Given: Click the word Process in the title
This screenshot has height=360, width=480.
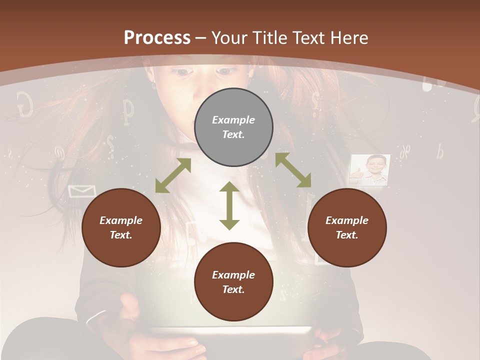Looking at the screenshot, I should (x=157, y=37).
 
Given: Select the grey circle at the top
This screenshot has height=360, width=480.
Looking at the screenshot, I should (x=233, y=127).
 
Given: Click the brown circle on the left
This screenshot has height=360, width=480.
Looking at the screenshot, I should (x=121, y=227).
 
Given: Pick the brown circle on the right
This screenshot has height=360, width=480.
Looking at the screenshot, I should (x=347, y=227).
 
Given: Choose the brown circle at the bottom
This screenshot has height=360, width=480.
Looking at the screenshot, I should (x=233, y=281).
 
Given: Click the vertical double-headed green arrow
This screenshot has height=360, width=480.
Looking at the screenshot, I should (x=229, y=205).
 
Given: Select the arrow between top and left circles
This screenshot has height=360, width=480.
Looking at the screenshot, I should (x=173, y=175).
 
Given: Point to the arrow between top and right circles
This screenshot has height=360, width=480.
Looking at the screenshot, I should (x=293, y=170).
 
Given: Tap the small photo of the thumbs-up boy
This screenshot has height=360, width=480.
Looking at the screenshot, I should (x=370, y=170).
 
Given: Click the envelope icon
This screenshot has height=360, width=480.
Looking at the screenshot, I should (x=81, y=191).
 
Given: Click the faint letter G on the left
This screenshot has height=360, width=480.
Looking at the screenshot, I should (x=24, y=103).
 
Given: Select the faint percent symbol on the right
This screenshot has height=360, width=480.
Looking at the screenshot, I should (x=404, y=148).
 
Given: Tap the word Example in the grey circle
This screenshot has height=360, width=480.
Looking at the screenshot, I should (x=233, y=120).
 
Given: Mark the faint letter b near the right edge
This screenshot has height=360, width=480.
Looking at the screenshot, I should (x=440, y=151).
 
